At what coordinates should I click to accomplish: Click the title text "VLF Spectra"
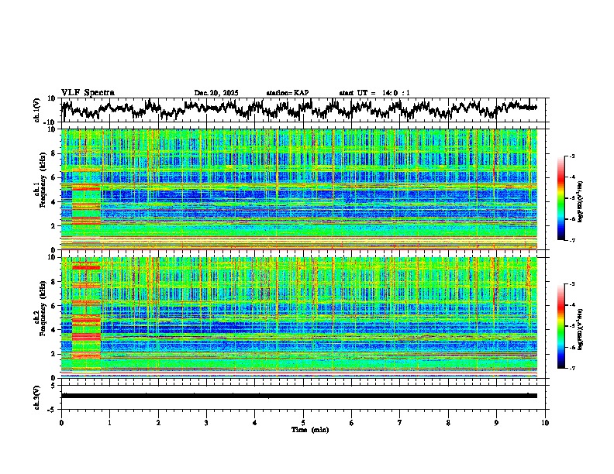pyautogui.click(x=88, y=92)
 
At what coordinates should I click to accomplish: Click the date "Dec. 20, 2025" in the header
pyautogui.click(x=216, y=93)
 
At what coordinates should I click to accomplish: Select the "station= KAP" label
pyautogui.click(x=288, y=93)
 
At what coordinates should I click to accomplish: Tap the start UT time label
pyautogui.click(x=374, y=93)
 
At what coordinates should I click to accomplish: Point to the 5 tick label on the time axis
pyautogui.click(x=303, y=422)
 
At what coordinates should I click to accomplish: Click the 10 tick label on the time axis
pyautogui.click(x=545, y=422)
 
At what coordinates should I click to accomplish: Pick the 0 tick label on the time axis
pyautogui.click(x=61, y=422)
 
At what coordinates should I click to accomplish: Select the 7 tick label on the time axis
pyautogui.click(x=400, y=422)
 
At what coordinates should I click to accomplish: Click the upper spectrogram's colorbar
pyautogui.click(x=561, y=198)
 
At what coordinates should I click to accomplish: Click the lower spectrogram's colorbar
pyautogui.click(x=561, y=325)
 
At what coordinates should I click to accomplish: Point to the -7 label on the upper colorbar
pyautogui.click(x=571, y=241)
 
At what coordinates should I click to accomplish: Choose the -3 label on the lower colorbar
pyautogui.click(x=571, y=284)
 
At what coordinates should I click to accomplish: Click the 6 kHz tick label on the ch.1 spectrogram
pyautogui.click(x=53, y=178)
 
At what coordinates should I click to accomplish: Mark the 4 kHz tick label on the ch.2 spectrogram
pyautogui.click(x=53, y=330)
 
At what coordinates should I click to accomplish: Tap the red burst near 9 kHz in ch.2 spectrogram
pyautogui.click(x=86, y=267)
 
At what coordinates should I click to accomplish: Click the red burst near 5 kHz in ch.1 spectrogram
pyautogui.click(x=86, y=187)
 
